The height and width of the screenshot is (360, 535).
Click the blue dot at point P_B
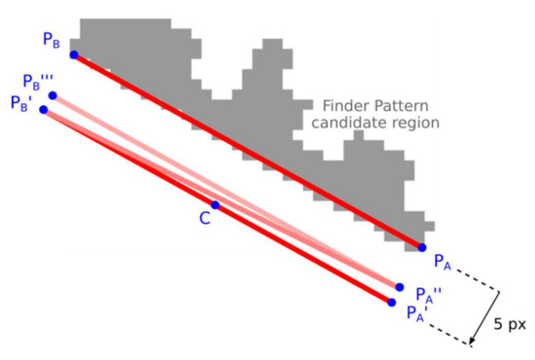[x=74, y=54]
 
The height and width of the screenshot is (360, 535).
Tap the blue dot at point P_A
[x=422, y=247]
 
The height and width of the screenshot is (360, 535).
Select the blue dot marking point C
[x=216, y=205]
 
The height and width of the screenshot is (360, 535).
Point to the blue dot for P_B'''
[x=53, y=95]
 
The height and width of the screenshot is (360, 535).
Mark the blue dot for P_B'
[x=44, y=109]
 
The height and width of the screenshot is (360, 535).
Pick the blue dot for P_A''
[x=400, y=287]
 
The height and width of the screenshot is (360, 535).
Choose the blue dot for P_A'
[x=391, y=303]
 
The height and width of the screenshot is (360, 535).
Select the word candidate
[x=347, y=124]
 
